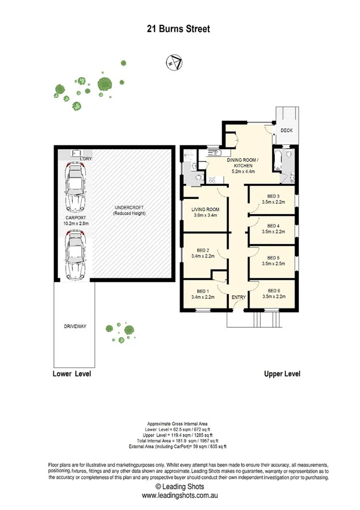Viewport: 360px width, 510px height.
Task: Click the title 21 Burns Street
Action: [x=180, y=28]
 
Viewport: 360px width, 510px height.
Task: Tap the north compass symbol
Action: [x=173, y=61]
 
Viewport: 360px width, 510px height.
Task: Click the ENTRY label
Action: [x=239, y=296]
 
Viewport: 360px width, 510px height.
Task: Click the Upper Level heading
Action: [x=282, y=373]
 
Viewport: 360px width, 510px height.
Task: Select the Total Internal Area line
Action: [x=180, y=440]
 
